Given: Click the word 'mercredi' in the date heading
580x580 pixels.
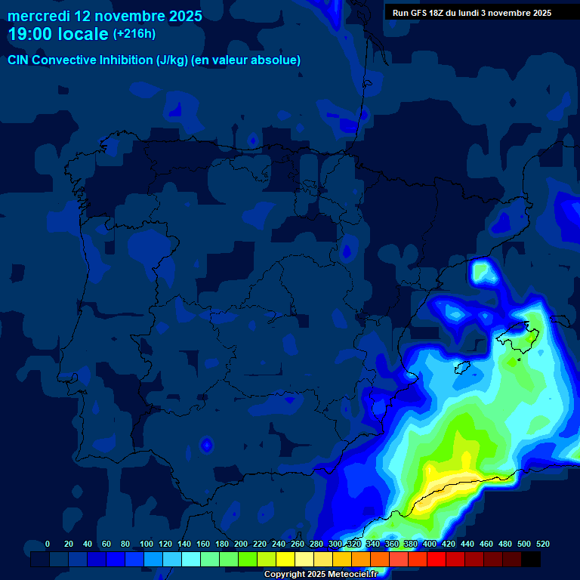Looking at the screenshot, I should click(39, 16).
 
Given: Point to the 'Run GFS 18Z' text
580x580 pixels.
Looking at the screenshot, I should click(418, 13).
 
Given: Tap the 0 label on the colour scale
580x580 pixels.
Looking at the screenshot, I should click(48, 545).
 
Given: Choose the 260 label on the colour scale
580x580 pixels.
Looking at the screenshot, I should click(298, 545).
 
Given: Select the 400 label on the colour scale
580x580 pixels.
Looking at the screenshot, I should click(430, 545).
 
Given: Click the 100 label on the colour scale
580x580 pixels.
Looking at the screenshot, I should click(147, 545).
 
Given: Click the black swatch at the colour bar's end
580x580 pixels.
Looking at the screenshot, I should click(531, 560).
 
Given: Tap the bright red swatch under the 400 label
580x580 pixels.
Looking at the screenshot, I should click(437, 560).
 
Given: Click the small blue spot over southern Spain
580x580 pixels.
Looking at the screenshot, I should click(205, 445).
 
